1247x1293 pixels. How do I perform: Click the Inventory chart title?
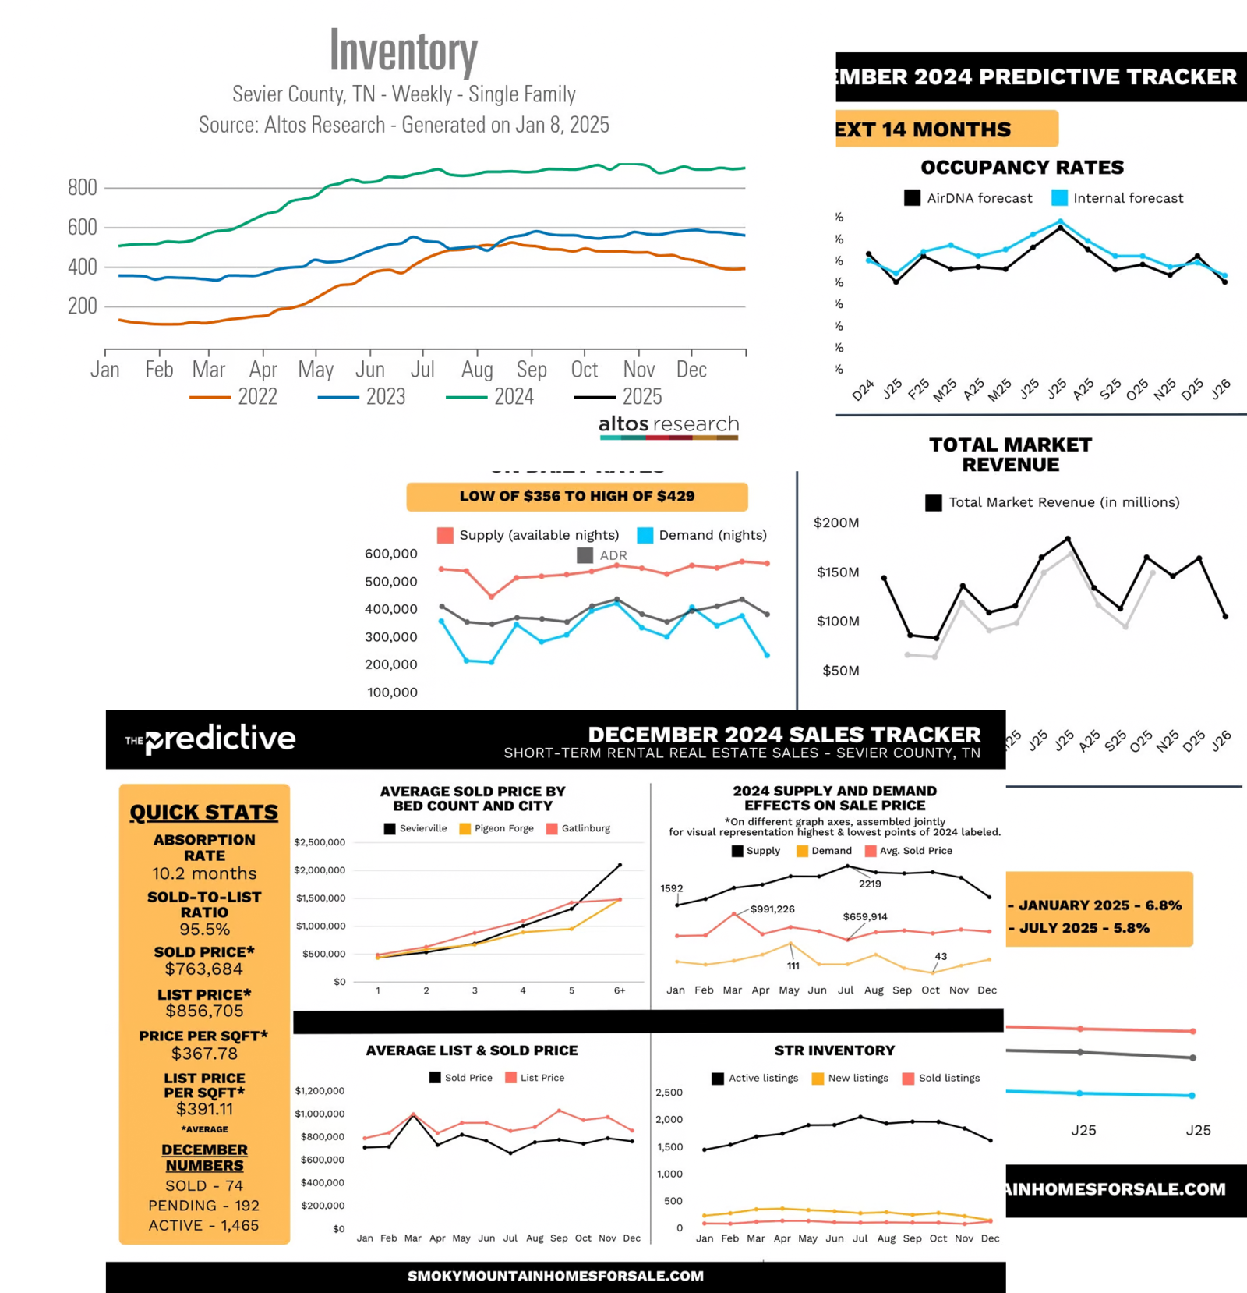coord(403,51)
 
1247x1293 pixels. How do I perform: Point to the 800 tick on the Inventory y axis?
coord(83,188)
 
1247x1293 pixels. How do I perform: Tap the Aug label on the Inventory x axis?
coord(477,369)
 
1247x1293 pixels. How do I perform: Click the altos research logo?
coord(669,425)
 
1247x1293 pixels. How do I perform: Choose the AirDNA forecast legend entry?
coord(968,198)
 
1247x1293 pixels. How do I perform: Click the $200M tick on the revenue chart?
coord(836,523)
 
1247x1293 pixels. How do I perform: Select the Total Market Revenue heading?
coord(1010,455)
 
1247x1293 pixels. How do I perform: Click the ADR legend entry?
coord(602,555)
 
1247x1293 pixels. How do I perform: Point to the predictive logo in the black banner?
coord(211,738)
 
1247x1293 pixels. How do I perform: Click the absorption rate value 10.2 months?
coord(204,873)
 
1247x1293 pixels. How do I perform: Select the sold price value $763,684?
coord(204,969)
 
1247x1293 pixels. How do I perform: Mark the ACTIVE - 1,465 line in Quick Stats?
coord(204,1225)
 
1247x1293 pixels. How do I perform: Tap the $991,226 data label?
coord(772,909)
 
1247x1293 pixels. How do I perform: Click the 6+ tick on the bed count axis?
coord(620,990)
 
